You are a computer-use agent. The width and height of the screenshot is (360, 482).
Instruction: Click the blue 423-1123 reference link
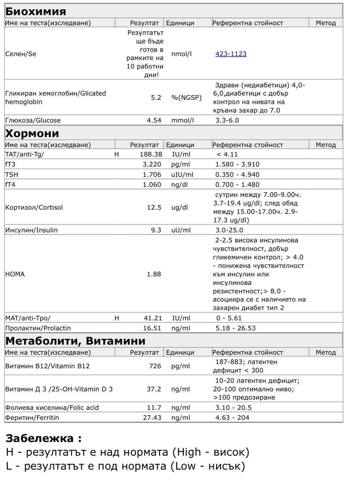pos(231,54)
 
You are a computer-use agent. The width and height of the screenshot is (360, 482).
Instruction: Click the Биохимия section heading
pos(36,11)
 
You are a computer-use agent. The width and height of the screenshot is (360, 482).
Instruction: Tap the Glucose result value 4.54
pos(154,120)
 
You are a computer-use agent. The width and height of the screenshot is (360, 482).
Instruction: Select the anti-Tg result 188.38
pos(151,154)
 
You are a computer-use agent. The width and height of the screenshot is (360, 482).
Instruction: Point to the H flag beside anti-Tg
pos(116,154)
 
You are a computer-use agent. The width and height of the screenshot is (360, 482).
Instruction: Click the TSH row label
pos(12,175)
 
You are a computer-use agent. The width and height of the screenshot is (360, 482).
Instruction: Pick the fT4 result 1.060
pos(152,185)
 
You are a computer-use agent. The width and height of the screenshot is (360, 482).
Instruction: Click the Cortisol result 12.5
pos(154,208)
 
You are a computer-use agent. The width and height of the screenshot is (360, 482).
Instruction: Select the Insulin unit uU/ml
pos(181,230)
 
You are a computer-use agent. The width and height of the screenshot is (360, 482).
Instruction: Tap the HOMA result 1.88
pos(154,274)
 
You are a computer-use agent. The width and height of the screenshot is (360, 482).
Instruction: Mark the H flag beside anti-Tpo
pos(117,318)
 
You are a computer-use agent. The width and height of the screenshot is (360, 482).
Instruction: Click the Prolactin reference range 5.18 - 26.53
pos(235,328)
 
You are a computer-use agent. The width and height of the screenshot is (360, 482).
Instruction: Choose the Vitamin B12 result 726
pos(155,366)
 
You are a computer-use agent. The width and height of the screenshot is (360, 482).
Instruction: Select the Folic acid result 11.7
pos(154,408)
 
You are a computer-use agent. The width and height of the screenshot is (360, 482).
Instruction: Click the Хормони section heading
pos(32,133)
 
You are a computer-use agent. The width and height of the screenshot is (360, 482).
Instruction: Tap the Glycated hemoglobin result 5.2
pos(156,98)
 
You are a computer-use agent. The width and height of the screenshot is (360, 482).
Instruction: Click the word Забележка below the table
pos(40,438)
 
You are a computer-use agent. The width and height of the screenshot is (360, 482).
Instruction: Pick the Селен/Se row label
pos(21,54)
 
